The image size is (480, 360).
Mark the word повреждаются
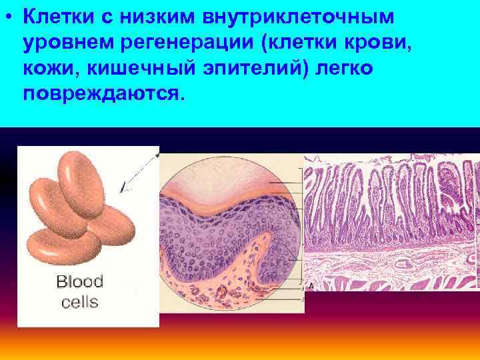[101, 94]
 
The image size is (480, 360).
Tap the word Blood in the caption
[79, 282]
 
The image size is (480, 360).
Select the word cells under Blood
[79, 302]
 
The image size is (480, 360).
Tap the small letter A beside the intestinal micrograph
[311, 286]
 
